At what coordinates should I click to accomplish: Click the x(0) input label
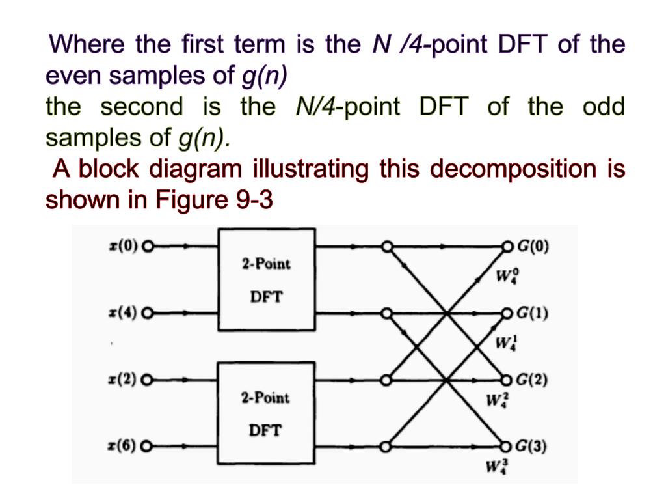(x=123, y=247)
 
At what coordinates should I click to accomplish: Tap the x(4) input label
(x=123, y=314)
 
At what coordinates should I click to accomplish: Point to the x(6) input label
(x=123, y=447)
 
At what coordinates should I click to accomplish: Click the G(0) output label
(x=533, y=247)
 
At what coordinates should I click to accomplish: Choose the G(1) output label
(x=533, y=314)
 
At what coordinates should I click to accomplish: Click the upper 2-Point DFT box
(x=267, y=279)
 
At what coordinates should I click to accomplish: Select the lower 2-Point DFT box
(x=267, y=413)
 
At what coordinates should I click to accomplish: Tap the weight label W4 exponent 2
(x=496, y=398)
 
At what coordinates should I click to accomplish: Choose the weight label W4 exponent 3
(x=496, y=467)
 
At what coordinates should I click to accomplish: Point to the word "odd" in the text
(x=603, y=107)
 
